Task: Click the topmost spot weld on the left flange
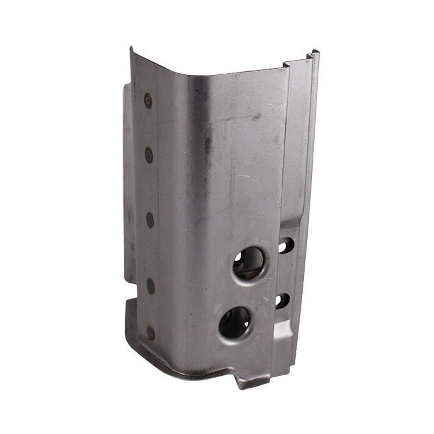148,100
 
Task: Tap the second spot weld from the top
149,155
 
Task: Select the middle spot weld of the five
149,220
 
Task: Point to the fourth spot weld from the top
150,286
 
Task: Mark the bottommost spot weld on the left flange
151,332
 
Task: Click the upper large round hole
249,263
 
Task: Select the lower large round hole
235,322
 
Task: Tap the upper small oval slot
286,245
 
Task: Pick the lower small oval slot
283,301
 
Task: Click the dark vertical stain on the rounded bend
208,145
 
